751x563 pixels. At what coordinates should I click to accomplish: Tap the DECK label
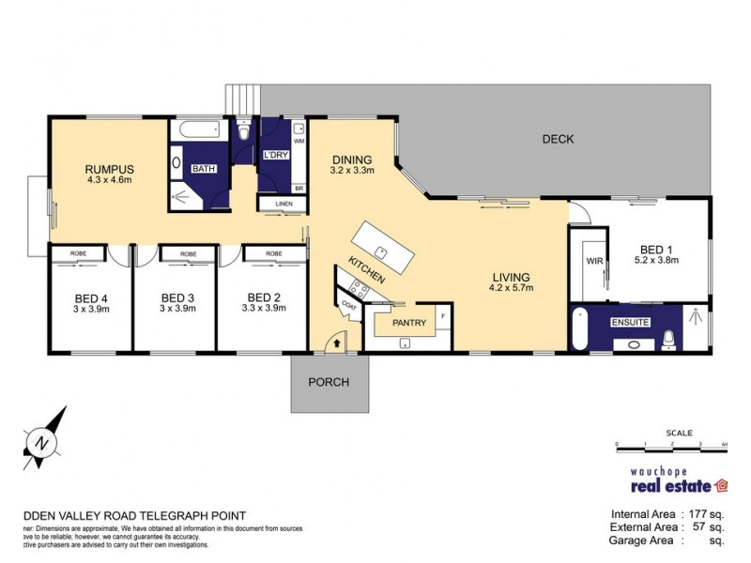558,140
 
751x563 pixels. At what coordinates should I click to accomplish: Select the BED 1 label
656,249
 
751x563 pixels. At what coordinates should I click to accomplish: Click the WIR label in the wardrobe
593,262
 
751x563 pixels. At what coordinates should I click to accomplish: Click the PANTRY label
408,324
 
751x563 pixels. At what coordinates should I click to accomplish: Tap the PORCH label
329,382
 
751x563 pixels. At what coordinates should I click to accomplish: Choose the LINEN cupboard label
284,204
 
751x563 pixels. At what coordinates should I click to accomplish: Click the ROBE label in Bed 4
79,253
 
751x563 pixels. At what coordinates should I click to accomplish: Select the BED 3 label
176,297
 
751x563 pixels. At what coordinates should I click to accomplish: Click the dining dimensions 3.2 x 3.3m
352,171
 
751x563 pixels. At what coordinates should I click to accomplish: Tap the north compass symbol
41,439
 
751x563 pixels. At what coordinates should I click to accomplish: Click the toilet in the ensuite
669,338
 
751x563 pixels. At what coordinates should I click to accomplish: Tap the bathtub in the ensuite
580,330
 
